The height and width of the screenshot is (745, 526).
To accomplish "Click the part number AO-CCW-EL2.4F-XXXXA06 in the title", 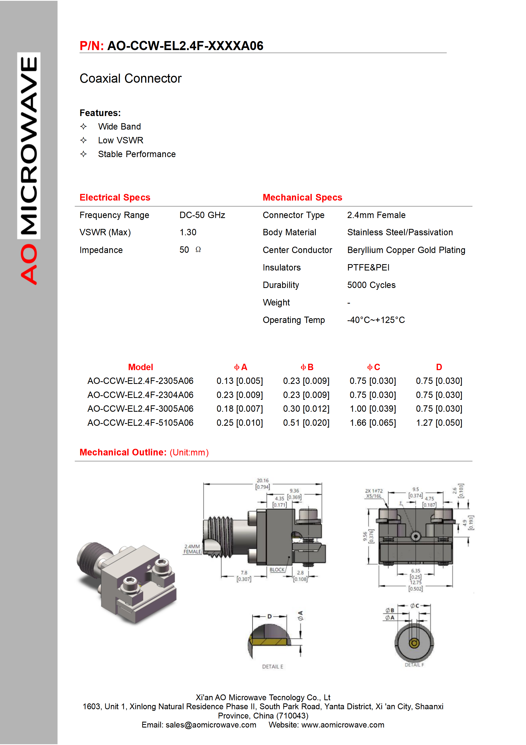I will click(185, 46).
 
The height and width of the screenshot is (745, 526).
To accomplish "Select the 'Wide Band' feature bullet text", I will click(120, 127).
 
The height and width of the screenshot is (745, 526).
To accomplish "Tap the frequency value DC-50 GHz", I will click(202, 215).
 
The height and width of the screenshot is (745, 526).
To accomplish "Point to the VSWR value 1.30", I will click(188, 232).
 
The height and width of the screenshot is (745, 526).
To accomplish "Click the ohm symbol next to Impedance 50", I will click(198, 250).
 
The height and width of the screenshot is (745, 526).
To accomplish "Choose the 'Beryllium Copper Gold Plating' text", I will click(406, 250).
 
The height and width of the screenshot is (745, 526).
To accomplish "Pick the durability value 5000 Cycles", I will click(371, 285).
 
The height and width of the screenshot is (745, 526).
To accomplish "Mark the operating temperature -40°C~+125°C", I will click(376, 320).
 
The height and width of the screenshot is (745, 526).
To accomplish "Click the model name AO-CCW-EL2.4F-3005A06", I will click(140, 409).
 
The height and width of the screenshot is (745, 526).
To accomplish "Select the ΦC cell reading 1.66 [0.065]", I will click(373, 423).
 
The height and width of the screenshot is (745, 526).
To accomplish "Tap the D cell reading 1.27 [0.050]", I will click(439, 423).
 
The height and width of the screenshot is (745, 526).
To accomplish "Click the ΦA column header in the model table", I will click(240, 367).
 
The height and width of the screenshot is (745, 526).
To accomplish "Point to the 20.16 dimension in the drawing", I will click(263, 481).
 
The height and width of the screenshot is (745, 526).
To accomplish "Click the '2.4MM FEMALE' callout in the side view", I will click(192, 549).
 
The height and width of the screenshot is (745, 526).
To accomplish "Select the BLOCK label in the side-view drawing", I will click(277, 570).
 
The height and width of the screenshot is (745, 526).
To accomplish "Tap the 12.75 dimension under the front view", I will click(416, 582).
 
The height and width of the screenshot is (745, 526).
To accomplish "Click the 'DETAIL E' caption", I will click(273, 667).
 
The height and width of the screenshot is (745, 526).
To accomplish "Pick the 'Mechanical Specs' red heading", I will click(302, 198).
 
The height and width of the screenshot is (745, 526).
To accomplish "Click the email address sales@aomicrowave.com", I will click(211, 725).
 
